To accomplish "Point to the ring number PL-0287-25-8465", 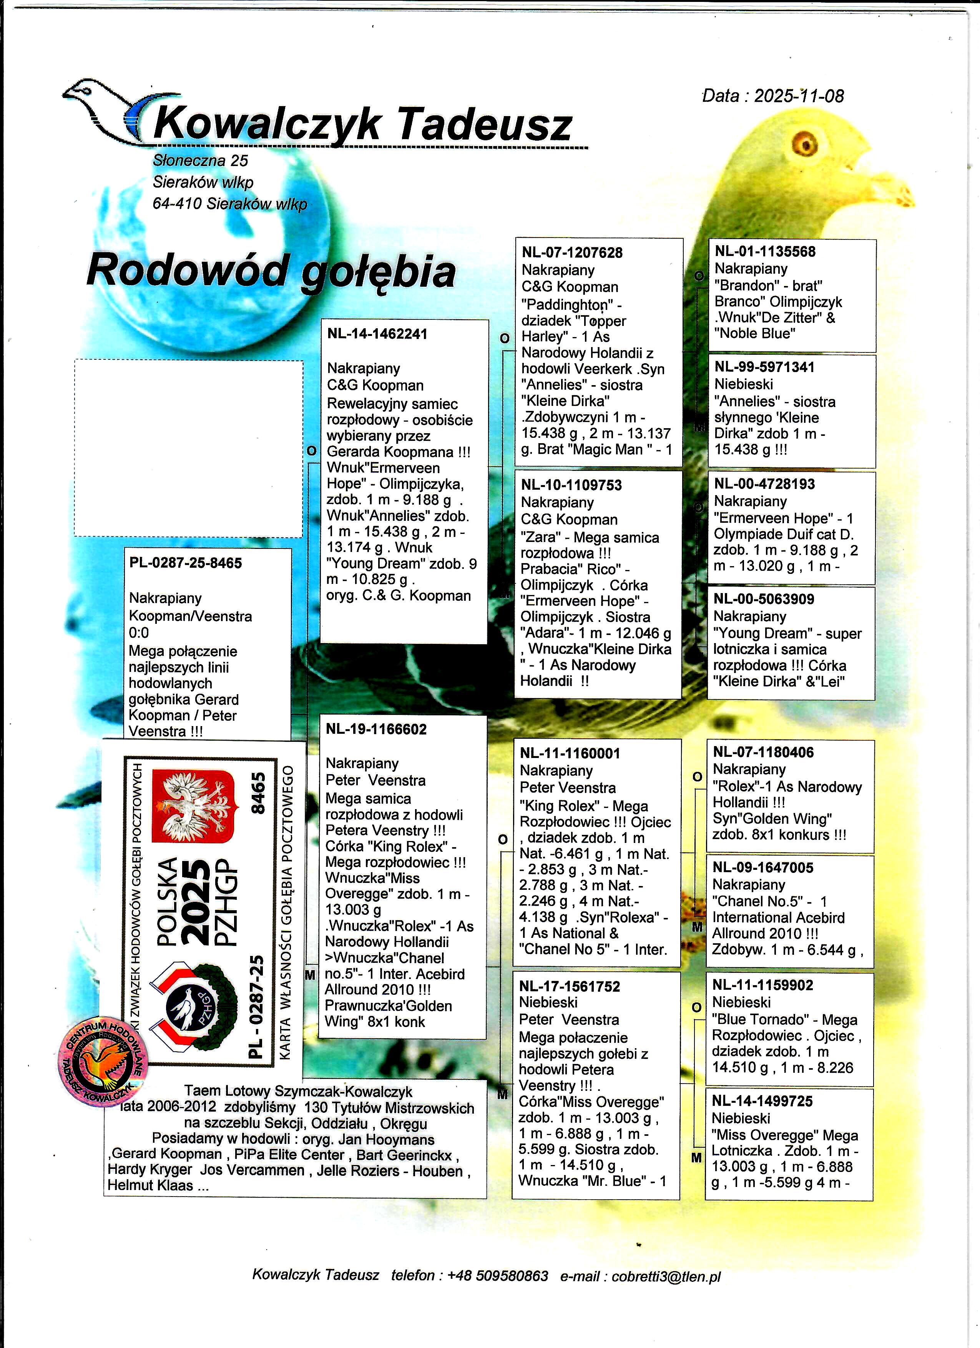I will pos(185,563).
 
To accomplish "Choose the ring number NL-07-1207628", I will pos(572,253).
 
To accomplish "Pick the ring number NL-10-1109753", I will pos(571,485).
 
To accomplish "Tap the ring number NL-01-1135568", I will pos(765,251).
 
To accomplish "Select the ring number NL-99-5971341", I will pos(764,367).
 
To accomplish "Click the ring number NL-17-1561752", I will pos(569,987).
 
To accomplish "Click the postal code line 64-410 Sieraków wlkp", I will pos(229,204).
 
